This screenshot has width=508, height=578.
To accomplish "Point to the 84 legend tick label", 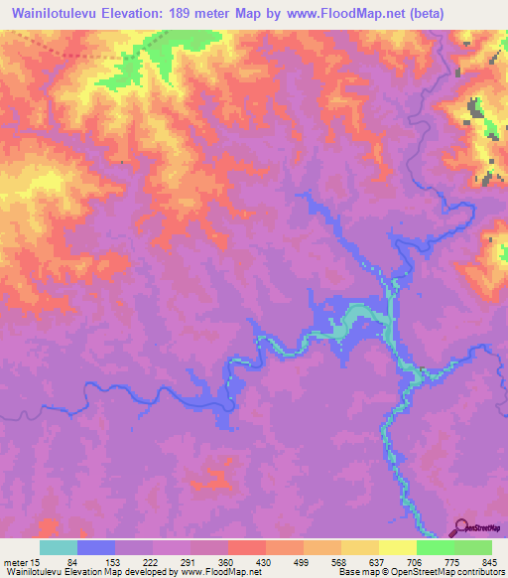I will tap(96, 561).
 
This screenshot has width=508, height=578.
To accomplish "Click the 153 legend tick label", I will tap(134, 561).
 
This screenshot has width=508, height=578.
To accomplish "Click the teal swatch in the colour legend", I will tap(59, 547).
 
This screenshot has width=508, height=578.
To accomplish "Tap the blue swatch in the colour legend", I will tap(96, 547).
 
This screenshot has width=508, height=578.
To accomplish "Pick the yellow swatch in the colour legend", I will tap(398, 547).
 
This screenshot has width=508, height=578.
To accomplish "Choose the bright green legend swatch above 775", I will tap(436, 547).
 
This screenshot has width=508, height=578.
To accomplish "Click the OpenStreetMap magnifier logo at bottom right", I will tap(462, 529).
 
